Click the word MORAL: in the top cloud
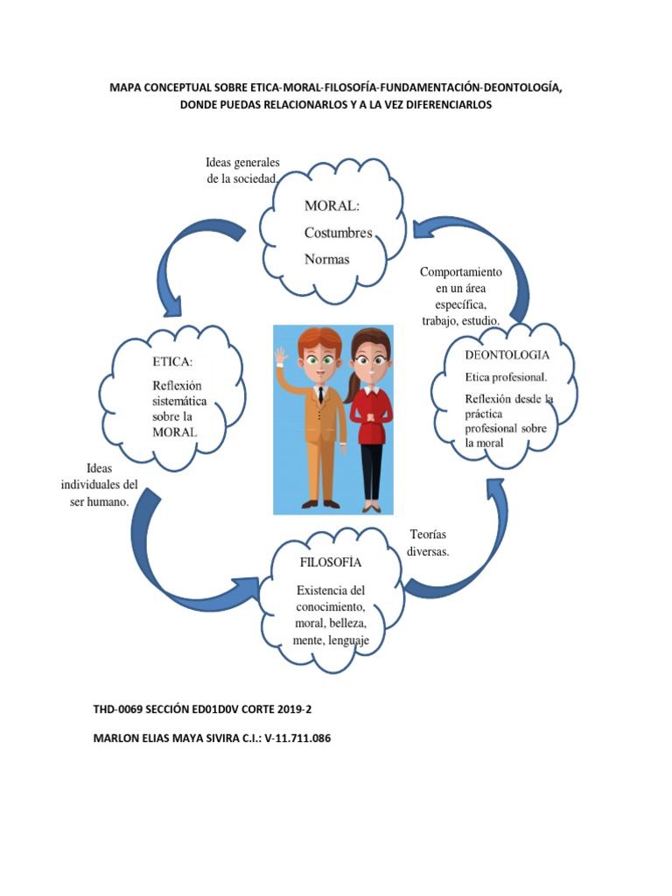[331, 206]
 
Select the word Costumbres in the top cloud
[338, 233]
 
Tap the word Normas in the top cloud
[326, 259]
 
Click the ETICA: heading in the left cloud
[172, 362]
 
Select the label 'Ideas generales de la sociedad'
[241, 171]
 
